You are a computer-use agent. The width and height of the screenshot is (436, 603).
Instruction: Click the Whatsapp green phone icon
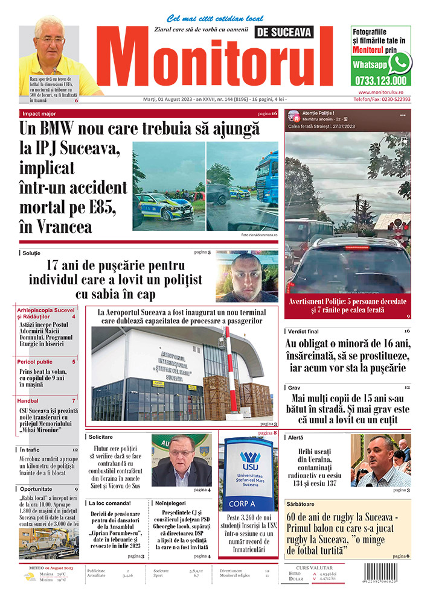[400, 63]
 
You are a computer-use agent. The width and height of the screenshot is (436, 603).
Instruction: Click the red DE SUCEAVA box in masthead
[284, 33]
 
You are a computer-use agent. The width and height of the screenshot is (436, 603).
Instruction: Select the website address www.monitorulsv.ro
[381, 92]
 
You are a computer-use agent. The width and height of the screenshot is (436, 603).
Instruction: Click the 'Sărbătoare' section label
[306, 502]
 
